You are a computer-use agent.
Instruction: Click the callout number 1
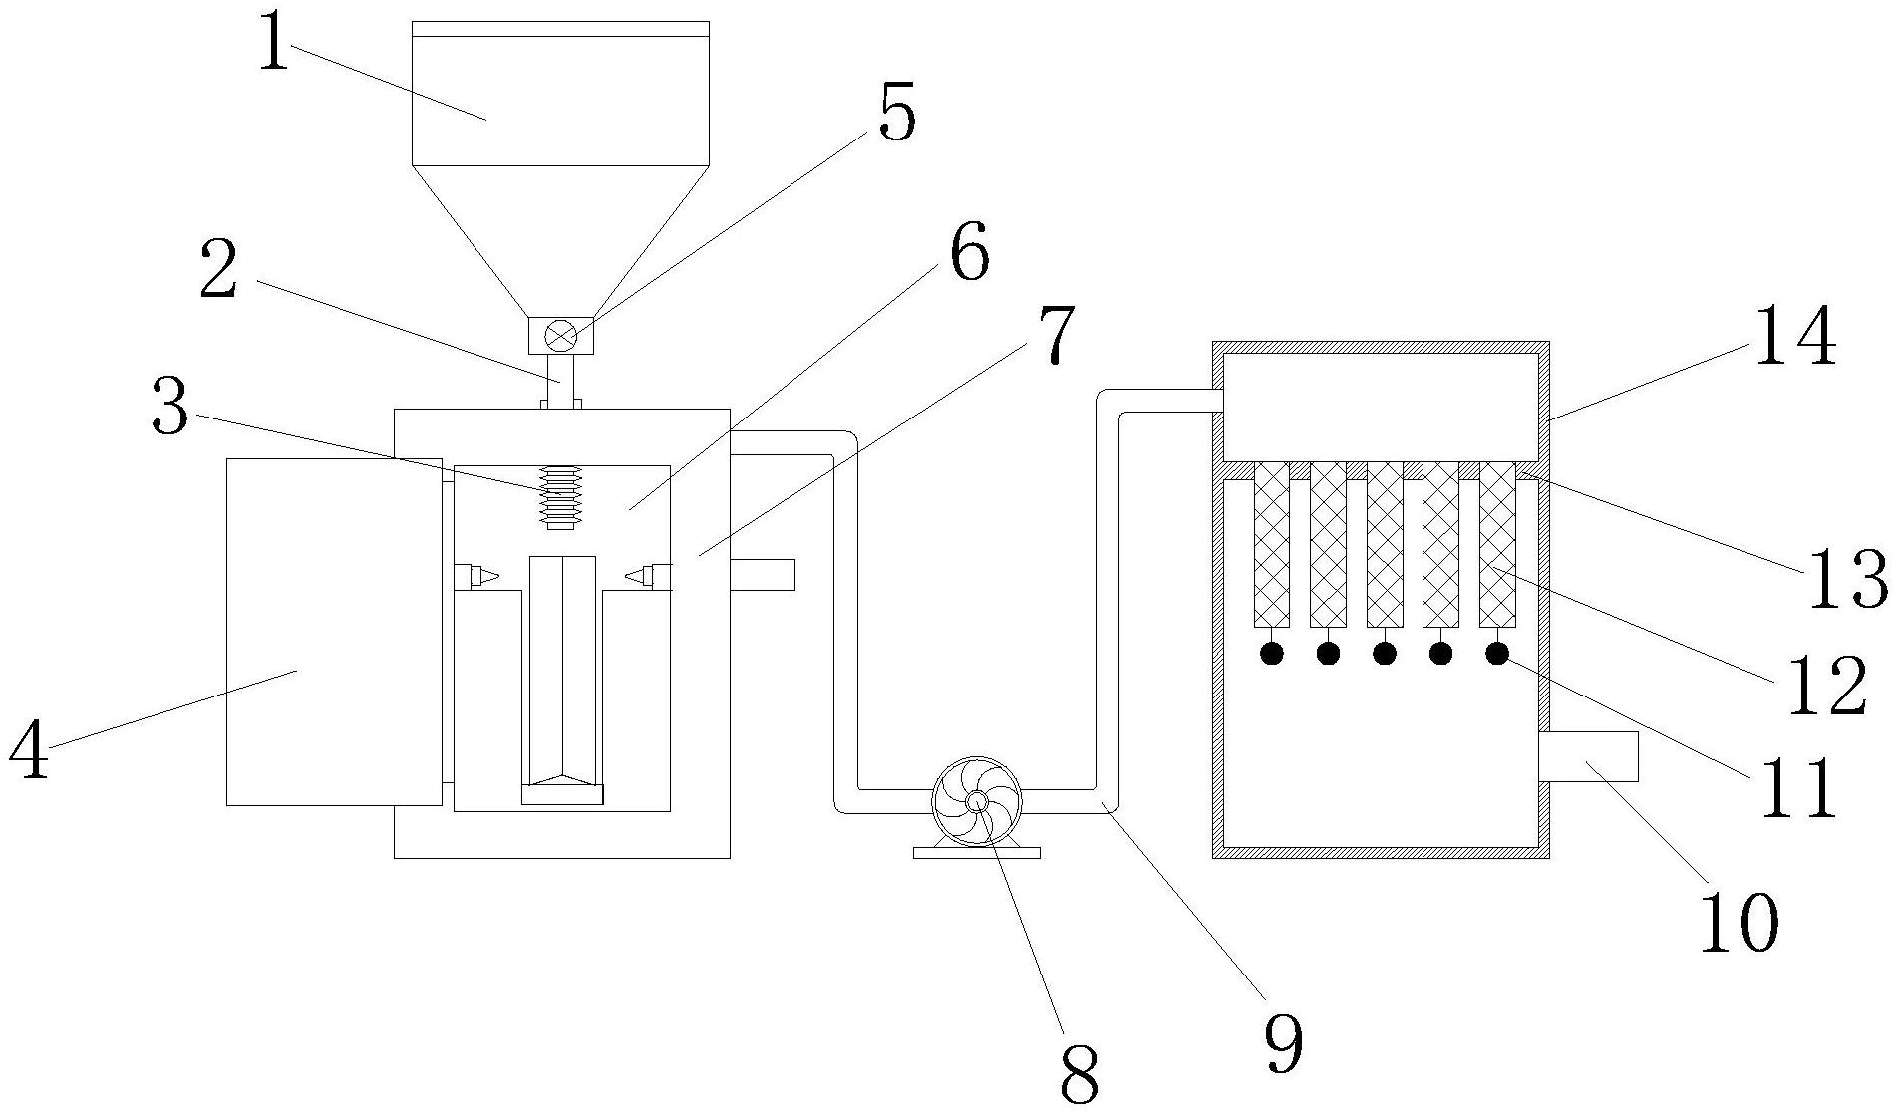[x=273, y=42]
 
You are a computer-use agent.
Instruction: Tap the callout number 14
[x=1794, y=337]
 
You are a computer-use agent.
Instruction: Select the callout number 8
[x=1078, y=1074]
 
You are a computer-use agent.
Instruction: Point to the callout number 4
[x=30, y=750]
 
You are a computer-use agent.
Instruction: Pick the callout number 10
[x=1739, y=922]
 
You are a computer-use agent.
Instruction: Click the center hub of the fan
[x=977, y=801]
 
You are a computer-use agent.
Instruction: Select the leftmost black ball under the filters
[x=1272, y=653]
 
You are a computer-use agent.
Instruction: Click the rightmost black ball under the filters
[x=1497, y=653]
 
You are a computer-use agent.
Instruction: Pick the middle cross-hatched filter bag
[x=1385, y=544]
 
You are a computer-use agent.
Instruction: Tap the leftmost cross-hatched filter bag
[x=1272, y=544]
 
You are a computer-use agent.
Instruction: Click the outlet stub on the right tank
[x=1589, y=756]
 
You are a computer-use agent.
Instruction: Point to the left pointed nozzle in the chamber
[x=475, y=576]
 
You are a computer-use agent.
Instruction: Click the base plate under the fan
[x=977, y=852]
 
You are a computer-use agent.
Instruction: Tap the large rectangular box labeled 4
[x=334, y=632]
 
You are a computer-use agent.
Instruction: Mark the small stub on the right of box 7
[x=763, y=575]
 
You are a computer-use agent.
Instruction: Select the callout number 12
[x=1826, y=688]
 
